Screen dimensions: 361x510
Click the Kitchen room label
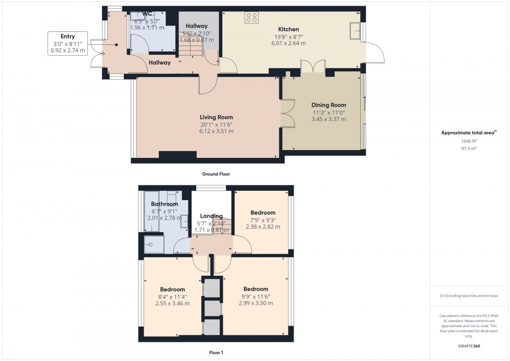(x=288, y=29)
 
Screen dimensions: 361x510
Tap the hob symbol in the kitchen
(x=252, y=17)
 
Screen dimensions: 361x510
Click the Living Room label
(x=216, y=117)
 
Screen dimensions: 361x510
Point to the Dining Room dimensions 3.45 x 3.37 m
(x=328, y=119)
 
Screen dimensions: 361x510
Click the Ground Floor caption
(x=216, y=174)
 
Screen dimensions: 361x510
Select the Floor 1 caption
(x=215, y=353)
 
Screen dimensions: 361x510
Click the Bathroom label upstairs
(x=164, y=204)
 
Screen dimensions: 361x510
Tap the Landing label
(x=211, y=216)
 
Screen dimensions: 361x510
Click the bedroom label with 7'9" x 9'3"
(x=263, y=213)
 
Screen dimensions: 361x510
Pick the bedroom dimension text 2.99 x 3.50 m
(x=256, y=303)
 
